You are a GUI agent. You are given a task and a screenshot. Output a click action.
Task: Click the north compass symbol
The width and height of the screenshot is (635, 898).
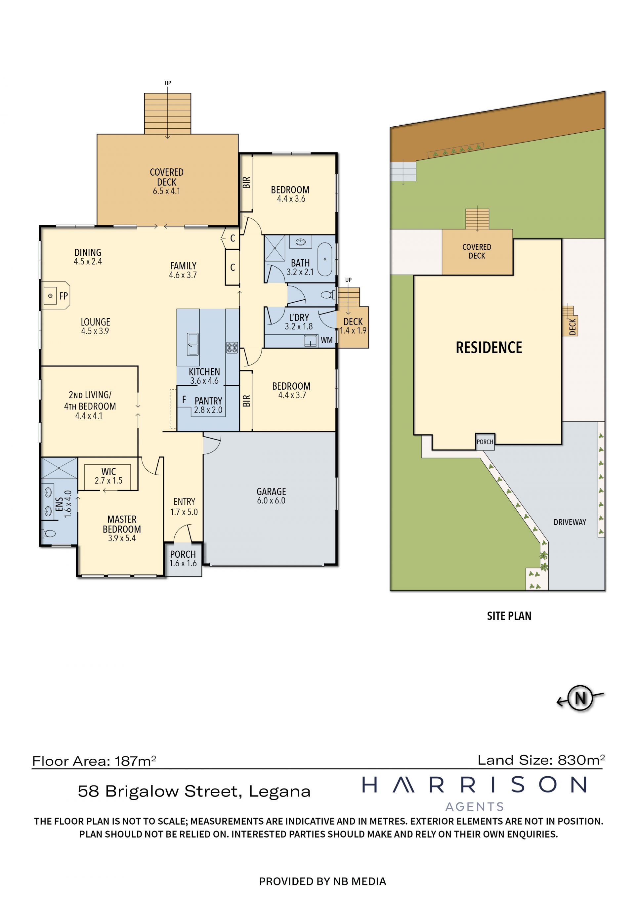(580, 698)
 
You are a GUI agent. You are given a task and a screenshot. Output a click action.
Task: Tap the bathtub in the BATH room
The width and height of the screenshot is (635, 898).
(324, 259)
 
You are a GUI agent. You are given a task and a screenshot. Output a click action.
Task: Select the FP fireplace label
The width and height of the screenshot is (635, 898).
(63, 296)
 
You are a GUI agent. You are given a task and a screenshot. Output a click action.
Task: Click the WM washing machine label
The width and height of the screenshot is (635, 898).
(326, 340)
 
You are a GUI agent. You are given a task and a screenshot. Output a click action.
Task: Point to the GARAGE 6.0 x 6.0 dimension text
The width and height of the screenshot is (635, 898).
(271, 501)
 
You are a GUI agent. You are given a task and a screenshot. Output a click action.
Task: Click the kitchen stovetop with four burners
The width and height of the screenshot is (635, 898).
(232, 348)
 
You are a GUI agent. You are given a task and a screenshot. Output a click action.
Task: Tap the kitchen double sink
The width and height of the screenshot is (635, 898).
(193, 344)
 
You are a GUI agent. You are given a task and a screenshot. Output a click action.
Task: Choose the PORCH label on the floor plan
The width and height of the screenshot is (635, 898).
(183, 554)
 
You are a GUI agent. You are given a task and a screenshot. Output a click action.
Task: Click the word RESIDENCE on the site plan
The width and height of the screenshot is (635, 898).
(489, 347)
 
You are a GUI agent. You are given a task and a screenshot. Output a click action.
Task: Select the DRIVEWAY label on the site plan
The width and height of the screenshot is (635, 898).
(570, 522)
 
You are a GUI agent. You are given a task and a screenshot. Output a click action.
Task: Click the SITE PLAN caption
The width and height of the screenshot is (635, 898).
(509, 616)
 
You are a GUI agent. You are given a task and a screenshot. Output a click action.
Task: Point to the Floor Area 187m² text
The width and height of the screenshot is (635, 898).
(94, 761)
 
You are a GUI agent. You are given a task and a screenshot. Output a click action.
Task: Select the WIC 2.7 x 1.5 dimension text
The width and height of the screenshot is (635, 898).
(108, 481)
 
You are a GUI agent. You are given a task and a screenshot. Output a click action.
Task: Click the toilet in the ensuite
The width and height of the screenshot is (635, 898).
(49, 533)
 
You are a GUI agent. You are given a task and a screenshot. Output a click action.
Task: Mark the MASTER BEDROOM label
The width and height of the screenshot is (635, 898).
(122, 524)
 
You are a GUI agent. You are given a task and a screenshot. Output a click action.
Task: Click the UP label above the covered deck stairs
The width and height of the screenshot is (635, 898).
(168, 83)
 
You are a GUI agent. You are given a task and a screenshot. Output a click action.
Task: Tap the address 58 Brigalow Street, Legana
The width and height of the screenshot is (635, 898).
(194, 791)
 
